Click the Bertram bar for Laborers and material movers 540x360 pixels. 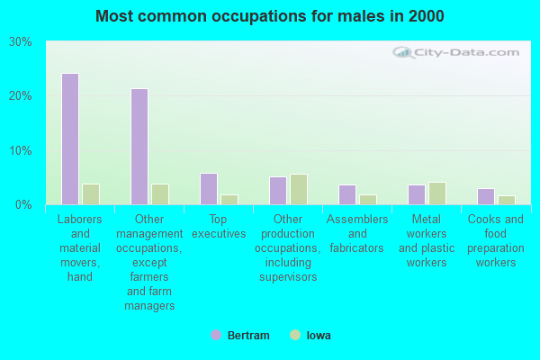69,139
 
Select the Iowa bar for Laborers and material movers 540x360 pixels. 91,194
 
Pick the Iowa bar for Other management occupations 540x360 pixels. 160,194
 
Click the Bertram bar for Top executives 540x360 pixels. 209,189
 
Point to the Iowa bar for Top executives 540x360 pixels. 229,200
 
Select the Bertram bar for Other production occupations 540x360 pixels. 278,191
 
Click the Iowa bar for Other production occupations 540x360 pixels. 299,189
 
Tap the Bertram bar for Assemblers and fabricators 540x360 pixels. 347,194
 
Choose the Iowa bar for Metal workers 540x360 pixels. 437,193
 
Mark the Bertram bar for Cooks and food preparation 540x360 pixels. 486,196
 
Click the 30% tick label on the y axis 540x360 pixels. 20,42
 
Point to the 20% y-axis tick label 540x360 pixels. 20,96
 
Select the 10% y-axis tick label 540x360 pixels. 20,150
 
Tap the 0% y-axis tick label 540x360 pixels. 23,204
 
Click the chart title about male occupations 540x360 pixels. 270,16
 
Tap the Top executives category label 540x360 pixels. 219,227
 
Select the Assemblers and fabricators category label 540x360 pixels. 357,233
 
